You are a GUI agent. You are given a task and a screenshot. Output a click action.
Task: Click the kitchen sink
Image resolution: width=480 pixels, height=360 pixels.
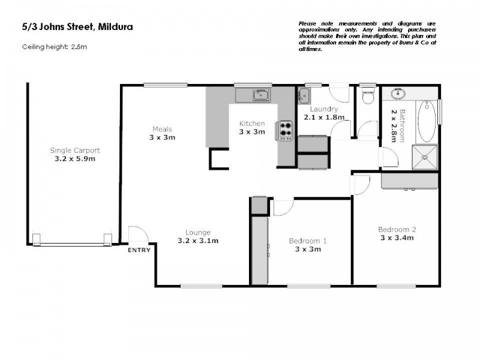(x=260, y=95)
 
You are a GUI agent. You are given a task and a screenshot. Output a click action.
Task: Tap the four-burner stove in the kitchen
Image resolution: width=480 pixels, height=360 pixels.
(x=284, y=130)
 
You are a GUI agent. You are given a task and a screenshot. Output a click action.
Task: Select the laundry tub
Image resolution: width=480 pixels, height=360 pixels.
(x=304, y=95)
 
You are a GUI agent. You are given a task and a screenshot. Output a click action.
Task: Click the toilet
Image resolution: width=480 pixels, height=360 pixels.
(x=368, y=95)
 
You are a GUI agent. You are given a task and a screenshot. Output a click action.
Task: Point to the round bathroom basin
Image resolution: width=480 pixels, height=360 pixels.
(x=397, y=94)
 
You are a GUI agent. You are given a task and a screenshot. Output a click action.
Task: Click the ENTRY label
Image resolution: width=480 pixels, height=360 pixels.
(x=139, y=250)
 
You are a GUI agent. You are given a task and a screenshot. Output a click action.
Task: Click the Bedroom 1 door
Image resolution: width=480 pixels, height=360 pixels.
(x=282, y=206)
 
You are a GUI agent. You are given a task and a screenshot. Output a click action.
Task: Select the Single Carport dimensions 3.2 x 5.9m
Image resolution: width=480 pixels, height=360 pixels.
(x=75, y=159)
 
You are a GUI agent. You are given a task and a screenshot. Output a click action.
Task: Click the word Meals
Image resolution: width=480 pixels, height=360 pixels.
(x=162, y=129)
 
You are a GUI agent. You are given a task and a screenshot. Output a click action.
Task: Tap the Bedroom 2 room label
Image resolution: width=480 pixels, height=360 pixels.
(x=397, y=229)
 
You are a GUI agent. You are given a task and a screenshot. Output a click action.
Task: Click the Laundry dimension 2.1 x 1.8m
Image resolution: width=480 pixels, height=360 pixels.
(x=324, y=118)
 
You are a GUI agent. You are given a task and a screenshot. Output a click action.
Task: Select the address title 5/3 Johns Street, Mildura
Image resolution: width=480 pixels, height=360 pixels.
(x=77, y=26)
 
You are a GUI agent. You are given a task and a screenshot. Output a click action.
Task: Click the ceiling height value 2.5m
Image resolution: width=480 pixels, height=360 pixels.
(x=79, y=47)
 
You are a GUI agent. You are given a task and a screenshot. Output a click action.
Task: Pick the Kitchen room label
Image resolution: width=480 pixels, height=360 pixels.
(x=252, y=124)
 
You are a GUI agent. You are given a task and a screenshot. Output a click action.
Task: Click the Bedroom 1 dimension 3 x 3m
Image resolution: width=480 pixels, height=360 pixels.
(x=307, y=249)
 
